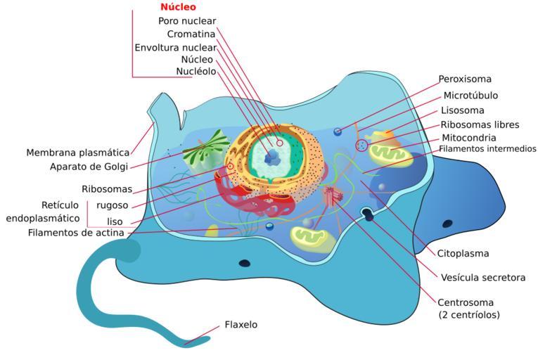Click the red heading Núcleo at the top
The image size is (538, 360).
[178, 7]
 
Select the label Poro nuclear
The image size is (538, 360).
[187, 21]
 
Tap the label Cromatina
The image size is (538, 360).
[191, 34]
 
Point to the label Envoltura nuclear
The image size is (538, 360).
[175, 47]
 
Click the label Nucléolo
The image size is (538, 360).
[196, 71]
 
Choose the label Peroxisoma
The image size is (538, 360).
[465, 79]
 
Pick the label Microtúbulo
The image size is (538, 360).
[470, 95]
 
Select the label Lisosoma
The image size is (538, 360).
[462, 110]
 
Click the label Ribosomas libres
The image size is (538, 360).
[480, 124]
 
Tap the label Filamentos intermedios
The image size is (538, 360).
[487, 149]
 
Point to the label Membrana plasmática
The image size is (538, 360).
[78, 153]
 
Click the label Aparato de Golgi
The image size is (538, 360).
[89, 167]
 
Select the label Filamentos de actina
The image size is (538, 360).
[76, 233]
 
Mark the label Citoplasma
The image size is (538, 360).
[463, 253]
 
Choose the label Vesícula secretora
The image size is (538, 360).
[482, 278]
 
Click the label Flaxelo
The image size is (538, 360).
[241, 325]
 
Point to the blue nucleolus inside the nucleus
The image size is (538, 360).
[270, 160]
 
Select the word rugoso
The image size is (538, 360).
[112, 205]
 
